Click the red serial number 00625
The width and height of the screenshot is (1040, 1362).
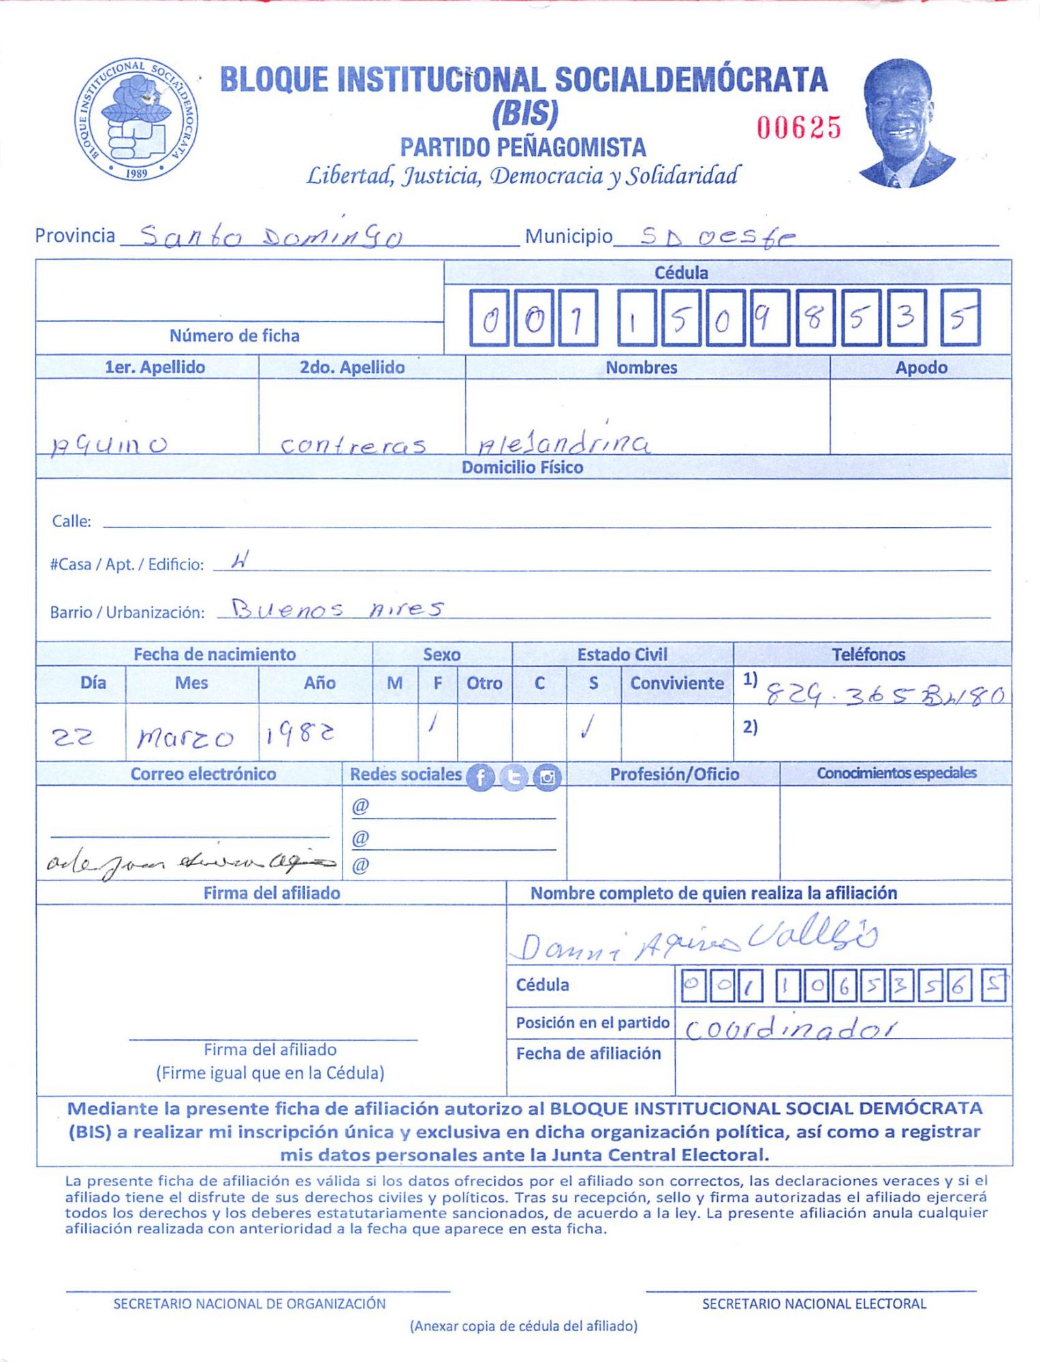click(799, 127)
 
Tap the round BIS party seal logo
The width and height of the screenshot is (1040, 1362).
click(136, 120)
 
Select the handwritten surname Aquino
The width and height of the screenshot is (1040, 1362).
click(109, 445)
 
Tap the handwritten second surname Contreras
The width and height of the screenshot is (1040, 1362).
click(353, 445)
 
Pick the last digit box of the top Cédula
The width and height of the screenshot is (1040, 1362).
click(960, 318)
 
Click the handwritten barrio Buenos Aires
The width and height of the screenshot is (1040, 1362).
click(337, 607)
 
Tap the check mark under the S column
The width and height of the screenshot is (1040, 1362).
click(588, 729)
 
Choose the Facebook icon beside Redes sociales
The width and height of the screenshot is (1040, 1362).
click(480, 777)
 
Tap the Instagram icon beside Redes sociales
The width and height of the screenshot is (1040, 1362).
click(547, 777)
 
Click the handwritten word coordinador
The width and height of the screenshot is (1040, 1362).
click(790, 1028)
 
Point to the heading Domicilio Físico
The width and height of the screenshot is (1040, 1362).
click(522, 467)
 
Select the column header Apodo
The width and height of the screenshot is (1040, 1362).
click(921, 368)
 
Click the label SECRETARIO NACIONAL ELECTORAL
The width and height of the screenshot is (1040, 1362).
click(814, 1303)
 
